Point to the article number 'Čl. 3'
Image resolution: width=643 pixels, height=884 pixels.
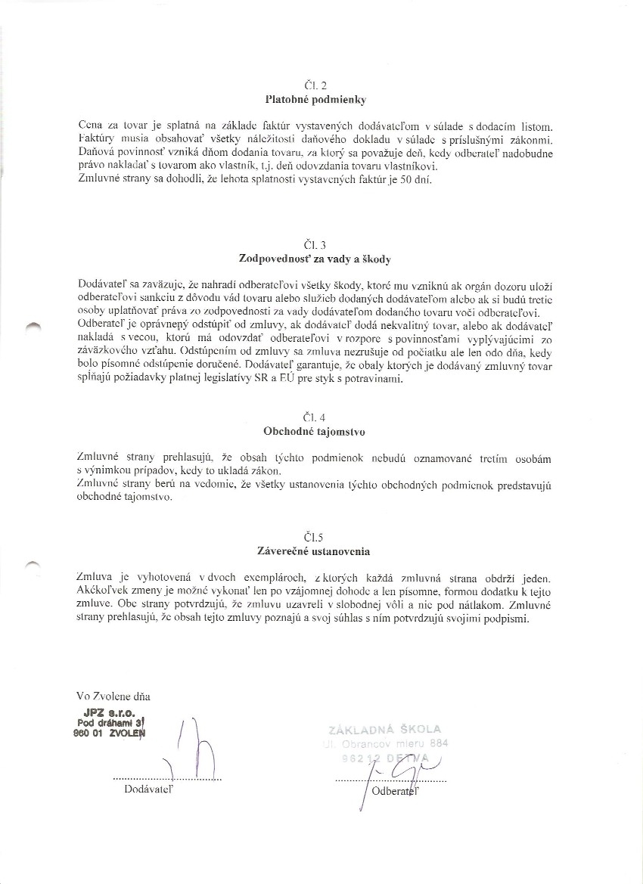click(x=314, y=245)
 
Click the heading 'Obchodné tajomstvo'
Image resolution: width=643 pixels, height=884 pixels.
click(x=314, y=432)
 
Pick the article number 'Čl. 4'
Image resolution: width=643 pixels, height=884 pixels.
click(x=314, y=417)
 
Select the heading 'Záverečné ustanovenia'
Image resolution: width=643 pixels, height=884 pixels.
click(x=315, y=552)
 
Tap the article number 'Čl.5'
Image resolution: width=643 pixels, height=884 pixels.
click(x=314, y=538)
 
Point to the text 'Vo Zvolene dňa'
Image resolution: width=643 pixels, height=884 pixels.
click(x=108, y=695)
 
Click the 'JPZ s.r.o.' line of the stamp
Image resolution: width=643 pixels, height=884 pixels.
click(x=110, y=712)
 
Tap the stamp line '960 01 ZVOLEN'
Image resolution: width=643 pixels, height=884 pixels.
click(x=109, y=732)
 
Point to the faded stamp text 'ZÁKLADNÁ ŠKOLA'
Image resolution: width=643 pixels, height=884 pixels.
click(x=384, y=729)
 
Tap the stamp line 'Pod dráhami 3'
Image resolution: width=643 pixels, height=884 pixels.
click(x=112, y=722)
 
